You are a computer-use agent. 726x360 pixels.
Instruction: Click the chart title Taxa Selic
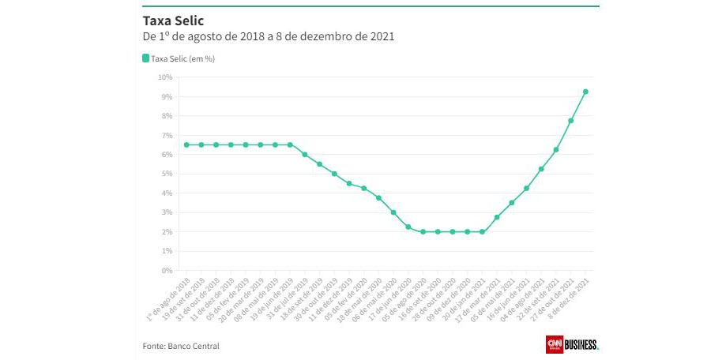click(x=167, y=19)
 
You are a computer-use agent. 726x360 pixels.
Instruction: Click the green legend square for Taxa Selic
click(x=145, y=58)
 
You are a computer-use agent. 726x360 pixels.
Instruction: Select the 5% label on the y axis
click(x=167, y=174)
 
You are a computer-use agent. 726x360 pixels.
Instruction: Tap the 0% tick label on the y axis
click(x=167, y=271)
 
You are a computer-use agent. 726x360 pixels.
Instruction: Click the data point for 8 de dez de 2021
click(x=585, y=92)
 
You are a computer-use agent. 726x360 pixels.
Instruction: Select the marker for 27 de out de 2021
click(x=570, y=121)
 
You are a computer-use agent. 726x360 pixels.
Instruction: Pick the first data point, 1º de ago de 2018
click(x=186, y=144)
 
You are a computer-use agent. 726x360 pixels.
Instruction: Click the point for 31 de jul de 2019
click(x=305, y=155)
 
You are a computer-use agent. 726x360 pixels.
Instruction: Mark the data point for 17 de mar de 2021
click(x=497, y=217)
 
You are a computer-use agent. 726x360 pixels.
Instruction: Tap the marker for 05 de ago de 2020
click(x=423, y=232)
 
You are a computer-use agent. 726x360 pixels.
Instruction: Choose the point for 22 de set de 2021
click(x=556, y=149)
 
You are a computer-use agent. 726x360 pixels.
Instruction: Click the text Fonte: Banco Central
click(x=181, y=346)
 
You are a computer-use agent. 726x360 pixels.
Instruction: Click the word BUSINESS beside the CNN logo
click(x=581, y=344)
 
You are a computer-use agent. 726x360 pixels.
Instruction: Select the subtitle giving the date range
click(x=268, y=37)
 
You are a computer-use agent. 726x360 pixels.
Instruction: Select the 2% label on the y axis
click(x=167, y=232)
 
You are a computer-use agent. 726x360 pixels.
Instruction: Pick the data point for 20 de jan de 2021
click(x=482, y=232)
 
